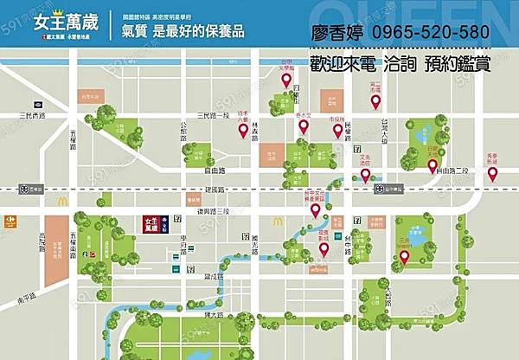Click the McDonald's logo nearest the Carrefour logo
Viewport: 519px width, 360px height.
[62, 202]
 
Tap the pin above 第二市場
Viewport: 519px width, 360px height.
[375, 101]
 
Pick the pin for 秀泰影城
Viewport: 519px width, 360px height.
[493, 174]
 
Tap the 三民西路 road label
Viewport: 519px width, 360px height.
[34, 115]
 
